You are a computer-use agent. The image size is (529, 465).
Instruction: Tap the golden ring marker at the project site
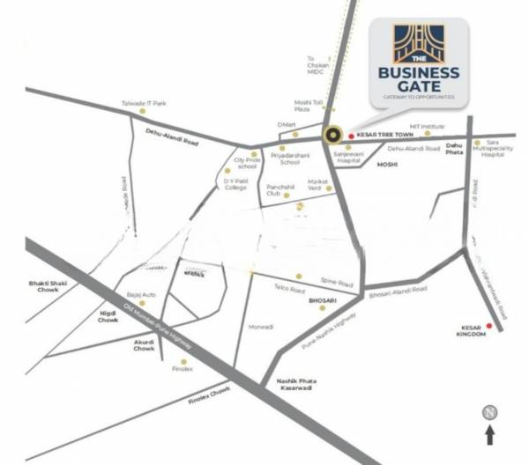(x=332, y=136)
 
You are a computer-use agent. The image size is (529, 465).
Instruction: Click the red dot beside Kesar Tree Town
(x=351, y=136)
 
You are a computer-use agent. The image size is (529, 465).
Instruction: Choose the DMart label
(x=287, y=125)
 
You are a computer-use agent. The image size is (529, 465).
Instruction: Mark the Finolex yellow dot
(x=184, y=361)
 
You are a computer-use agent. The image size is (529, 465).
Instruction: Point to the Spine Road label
(x=336, y=284)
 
